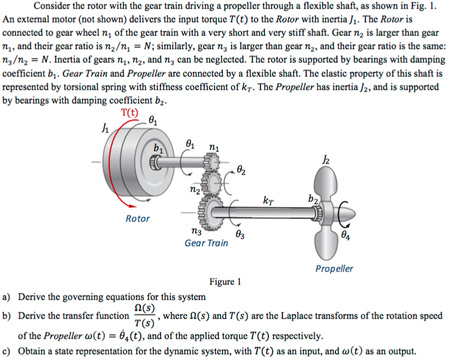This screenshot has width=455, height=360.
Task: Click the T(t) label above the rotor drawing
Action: (x=129, y=112)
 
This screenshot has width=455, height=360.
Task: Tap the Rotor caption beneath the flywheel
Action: (x=137, y=218)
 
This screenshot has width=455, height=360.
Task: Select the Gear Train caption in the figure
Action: (x=206, y=243)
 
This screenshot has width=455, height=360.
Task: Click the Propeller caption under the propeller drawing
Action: (x=334, y=268)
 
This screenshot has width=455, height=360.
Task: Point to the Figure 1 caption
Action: (x=225, y=282)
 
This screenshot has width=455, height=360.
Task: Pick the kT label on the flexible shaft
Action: (x=268, y=200)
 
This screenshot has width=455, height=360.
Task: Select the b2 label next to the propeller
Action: (x=313, y=198)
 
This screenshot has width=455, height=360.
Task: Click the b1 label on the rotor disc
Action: (x=158, y=148)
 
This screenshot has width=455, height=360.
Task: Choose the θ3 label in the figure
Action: (x=240, y=234)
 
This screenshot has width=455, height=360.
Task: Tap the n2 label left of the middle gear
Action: (x=195, y=191)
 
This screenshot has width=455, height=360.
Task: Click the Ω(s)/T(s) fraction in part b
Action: (x=144, y=315)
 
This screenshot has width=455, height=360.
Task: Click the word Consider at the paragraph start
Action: (x=53, y=6)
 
